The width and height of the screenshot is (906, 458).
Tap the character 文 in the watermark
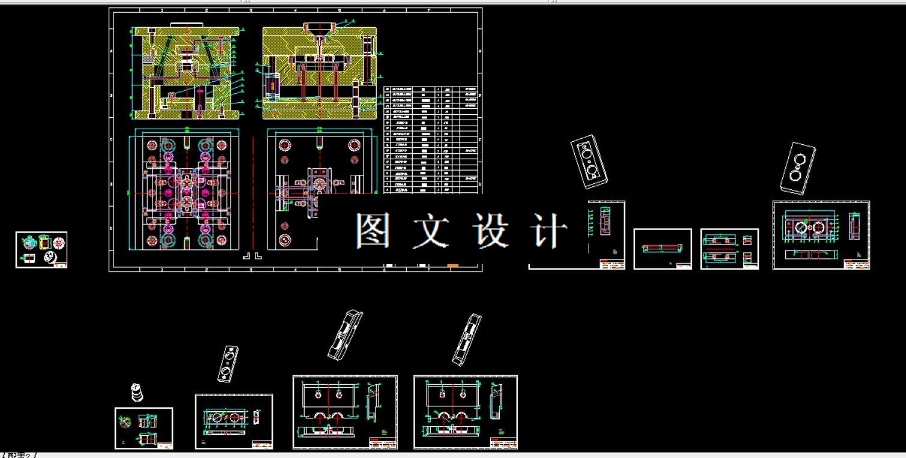[431, 231]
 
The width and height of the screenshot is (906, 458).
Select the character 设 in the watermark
[491, 231]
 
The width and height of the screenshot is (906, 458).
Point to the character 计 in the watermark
[549, 231]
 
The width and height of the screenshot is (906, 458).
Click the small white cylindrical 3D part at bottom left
[138, 392]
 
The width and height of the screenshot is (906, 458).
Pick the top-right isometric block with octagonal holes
[798, 168]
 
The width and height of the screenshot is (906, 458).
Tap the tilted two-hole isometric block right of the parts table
[589, 161]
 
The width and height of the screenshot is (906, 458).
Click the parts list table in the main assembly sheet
[432, 139]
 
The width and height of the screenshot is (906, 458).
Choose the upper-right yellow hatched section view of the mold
[320, 72]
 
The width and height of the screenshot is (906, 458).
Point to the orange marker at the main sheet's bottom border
[452, 265]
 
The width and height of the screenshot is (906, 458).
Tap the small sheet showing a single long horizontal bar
[662, 248]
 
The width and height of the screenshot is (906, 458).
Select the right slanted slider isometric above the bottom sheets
[467, 339]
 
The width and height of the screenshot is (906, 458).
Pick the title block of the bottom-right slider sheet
[503, 443]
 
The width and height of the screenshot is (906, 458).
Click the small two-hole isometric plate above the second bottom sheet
[228, 363]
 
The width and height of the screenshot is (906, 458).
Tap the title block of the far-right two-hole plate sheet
[856, 264]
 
